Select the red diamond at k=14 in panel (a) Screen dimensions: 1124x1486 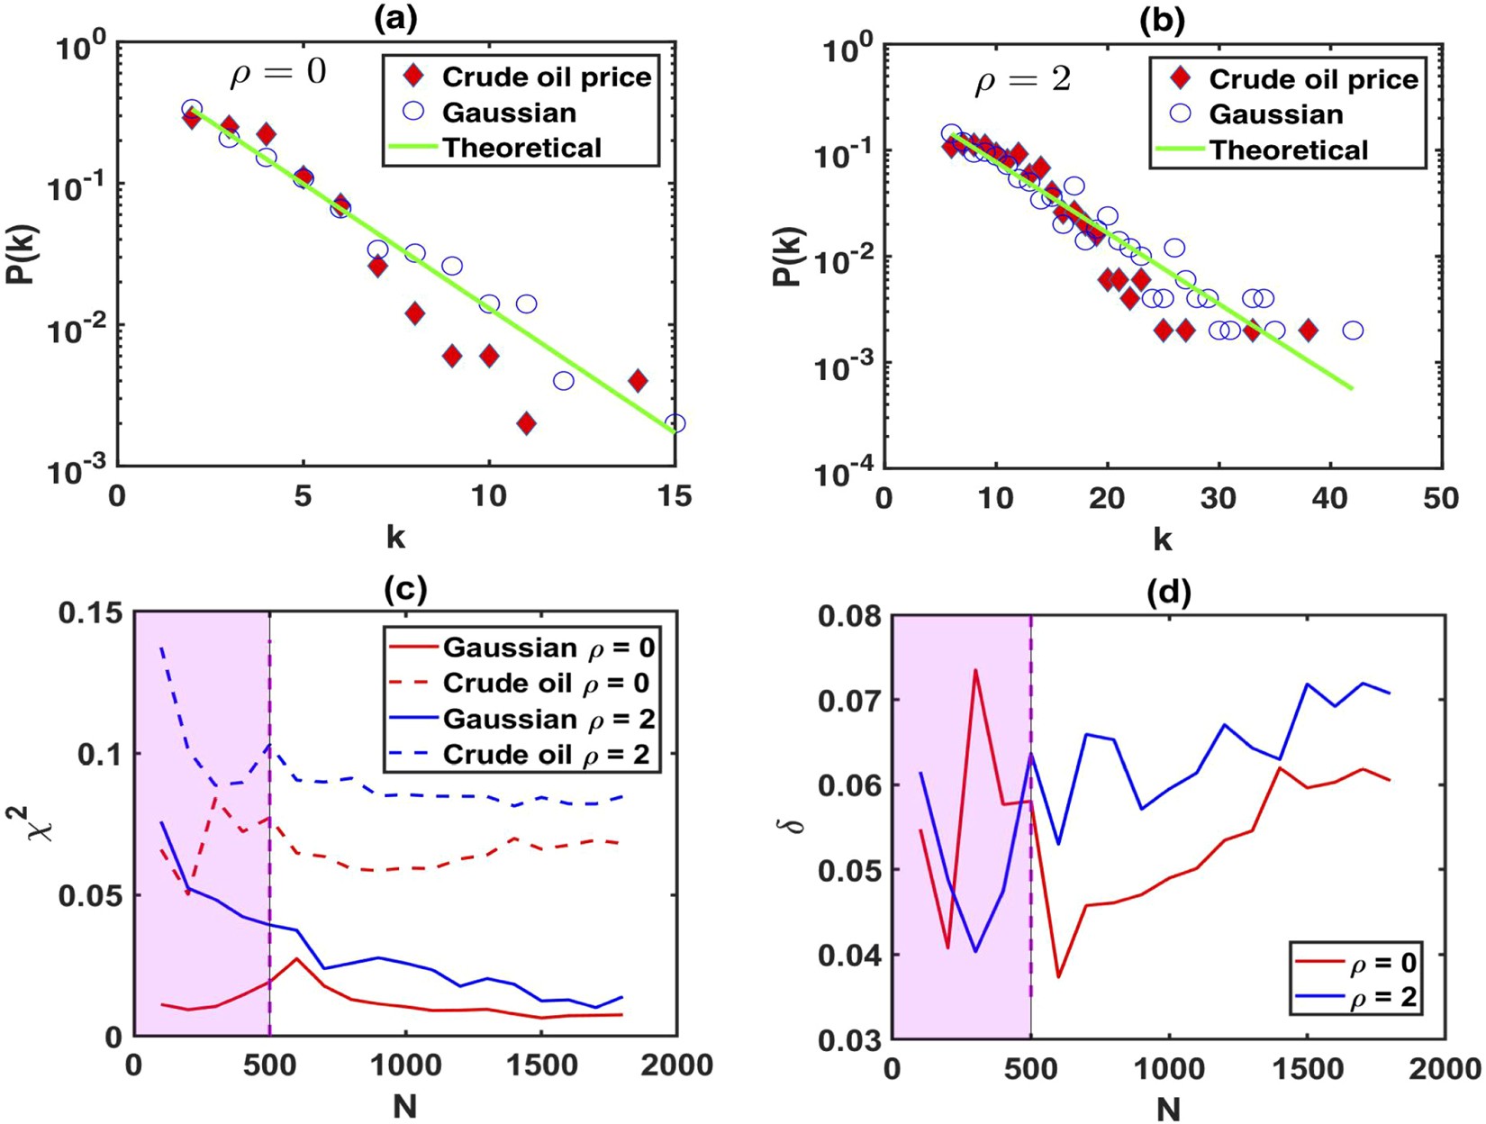638,380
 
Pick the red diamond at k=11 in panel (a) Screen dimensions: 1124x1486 527,422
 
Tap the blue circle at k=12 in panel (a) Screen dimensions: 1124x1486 563,380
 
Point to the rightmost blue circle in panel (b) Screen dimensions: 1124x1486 1353,331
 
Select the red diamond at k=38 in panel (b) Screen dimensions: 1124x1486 1308,331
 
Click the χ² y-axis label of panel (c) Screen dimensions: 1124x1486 41,822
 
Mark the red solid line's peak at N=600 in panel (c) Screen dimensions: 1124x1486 297,958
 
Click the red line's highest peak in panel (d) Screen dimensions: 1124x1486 975,669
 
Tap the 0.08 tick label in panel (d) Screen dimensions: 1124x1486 848,617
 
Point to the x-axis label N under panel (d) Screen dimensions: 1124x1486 1167,1107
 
